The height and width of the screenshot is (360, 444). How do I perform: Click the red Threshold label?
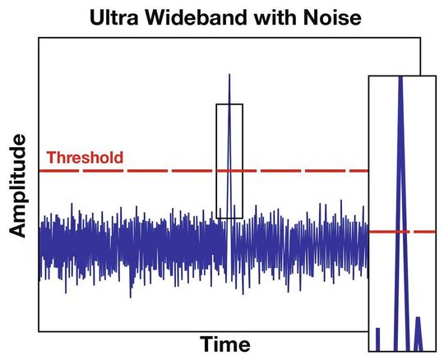point(86,157)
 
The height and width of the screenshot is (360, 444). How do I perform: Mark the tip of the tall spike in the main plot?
point(229,76)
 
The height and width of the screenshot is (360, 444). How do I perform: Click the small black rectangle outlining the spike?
point(217,164)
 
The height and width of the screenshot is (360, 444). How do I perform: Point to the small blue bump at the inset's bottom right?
point(418,334)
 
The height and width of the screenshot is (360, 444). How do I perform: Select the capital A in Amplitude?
point(19,230)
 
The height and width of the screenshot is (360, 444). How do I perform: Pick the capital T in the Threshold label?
point(52,157)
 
